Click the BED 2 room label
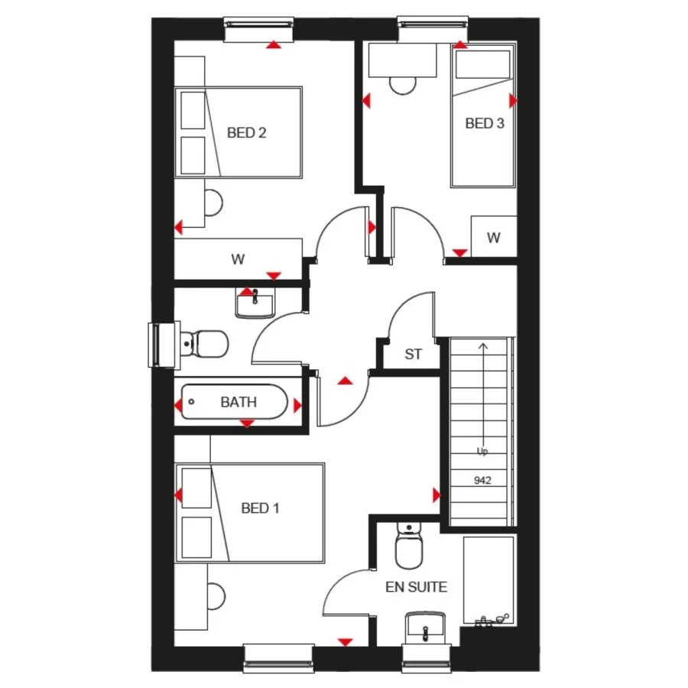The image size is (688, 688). [x=246, y=133]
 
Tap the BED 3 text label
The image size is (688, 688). [x=485, y=123]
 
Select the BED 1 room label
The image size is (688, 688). [x=260, y=508]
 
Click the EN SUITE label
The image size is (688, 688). [x=416, y=587]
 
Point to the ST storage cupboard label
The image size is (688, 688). [x=413, y=355]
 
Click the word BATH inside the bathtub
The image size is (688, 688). [x=239, y=402]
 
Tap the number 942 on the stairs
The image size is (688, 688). [x=482, y=481]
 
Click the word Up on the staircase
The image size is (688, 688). [x=482, y=451]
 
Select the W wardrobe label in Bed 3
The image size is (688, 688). [x=493, y=238]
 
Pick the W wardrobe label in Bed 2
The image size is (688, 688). [x=238, y=259]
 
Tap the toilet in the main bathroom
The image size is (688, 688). [x=205, y=343]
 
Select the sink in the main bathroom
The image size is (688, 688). [x=254, y=303]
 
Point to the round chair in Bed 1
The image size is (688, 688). [x=216, y=595]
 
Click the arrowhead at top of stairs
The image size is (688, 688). [x=482, y=346]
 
